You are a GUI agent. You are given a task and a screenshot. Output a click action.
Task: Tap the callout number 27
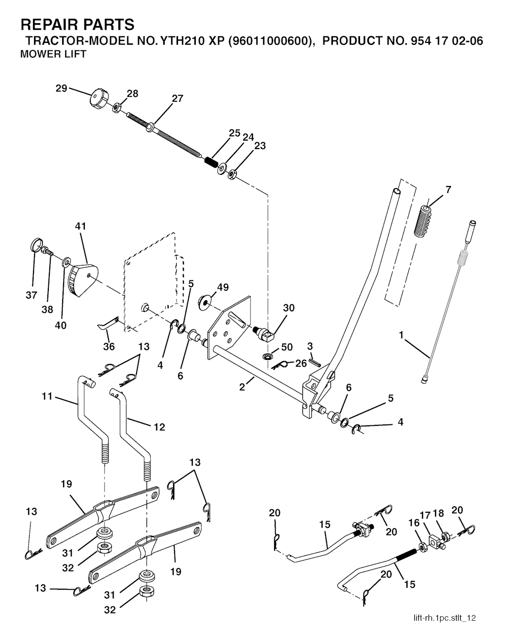tap(177, 99)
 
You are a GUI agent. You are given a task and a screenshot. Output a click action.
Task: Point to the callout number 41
tap(80, 227)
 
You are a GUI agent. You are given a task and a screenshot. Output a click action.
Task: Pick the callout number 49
tap(223, 287)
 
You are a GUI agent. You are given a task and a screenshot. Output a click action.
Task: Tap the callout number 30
tap(289, 308)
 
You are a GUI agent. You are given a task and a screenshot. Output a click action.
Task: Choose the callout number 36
tap(108, 347)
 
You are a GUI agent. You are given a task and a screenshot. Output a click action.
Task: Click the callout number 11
tap(46, 396)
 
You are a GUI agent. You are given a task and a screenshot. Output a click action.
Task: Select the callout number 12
tap(159, 427)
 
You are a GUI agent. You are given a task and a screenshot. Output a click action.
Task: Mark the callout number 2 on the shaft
tap(242, 387)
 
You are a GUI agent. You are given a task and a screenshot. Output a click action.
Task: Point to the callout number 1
tap(401, 335)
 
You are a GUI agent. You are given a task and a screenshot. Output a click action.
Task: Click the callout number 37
tap(31, 296)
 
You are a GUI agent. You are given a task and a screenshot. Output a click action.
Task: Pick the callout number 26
tap(300, 364)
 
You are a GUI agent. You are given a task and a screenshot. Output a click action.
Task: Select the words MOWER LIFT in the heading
tap(53, 54)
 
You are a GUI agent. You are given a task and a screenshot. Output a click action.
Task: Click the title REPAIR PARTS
tap(77, 24)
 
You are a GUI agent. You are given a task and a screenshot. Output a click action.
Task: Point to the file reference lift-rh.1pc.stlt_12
tap(445, 618)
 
